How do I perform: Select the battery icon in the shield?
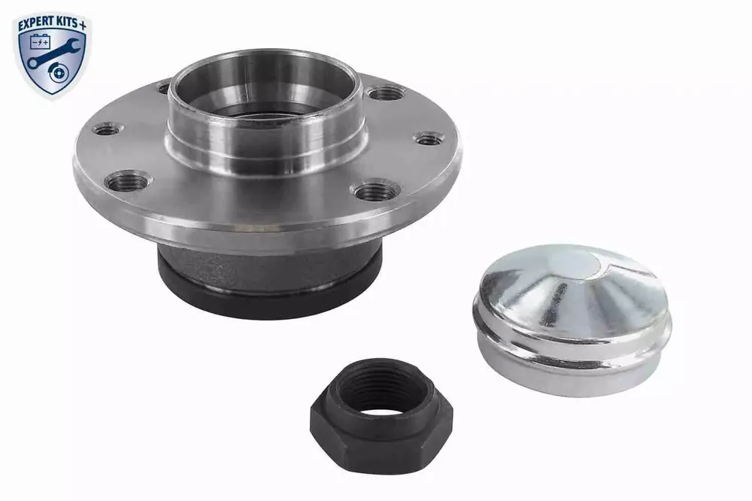click(x=40, y=43)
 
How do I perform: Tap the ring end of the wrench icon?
click(x=32, y=63)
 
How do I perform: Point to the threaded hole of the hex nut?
click(x=381, y=393)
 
